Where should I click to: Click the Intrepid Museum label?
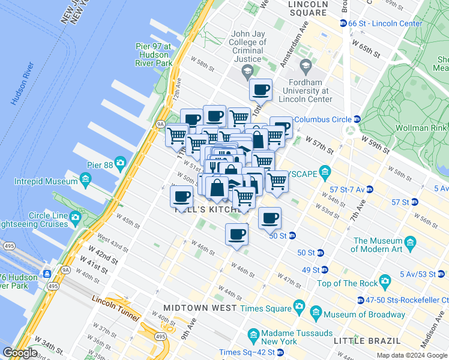(x=50, y=179)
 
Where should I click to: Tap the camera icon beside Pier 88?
(x=121, y=163)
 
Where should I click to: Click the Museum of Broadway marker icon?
(x=316, y=313)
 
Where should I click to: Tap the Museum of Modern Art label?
(x=378, y=245)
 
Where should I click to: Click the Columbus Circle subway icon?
(x=357, y=119)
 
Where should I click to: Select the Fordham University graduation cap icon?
(x=305, y=65)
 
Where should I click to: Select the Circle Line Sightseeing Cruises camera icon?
(x=76, y=217)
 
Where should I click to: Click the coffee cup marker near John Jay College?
(x=261, y=90)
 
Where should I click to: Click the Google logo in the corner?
(x=20, y=353)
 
